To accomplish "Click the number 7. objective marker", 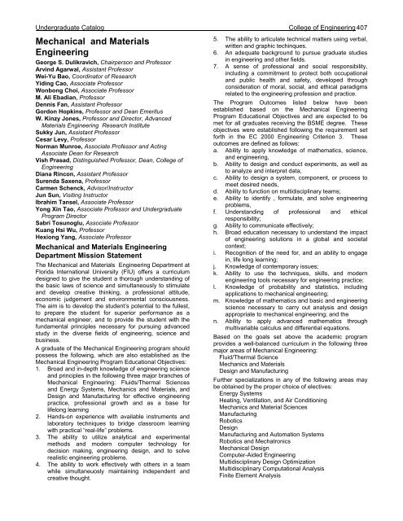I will [x=215, y=73].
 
